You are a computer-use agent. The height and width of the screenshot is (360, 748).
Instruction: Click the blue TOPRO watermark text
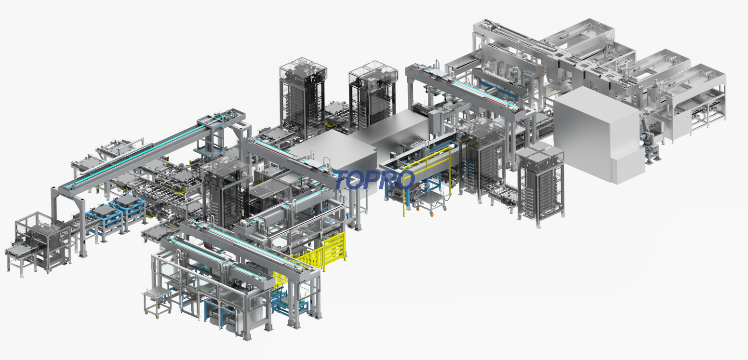click(374, 180)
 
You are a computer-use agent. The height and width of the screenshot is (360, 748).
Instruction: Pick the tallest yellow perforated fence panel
click(334, 248)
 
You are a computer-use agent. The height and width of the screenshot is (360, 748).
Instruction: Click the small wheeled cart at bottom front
click(157, 302)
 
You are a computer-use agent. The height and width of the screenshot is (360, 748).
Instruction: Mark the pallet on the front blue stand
click(104, 211)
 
